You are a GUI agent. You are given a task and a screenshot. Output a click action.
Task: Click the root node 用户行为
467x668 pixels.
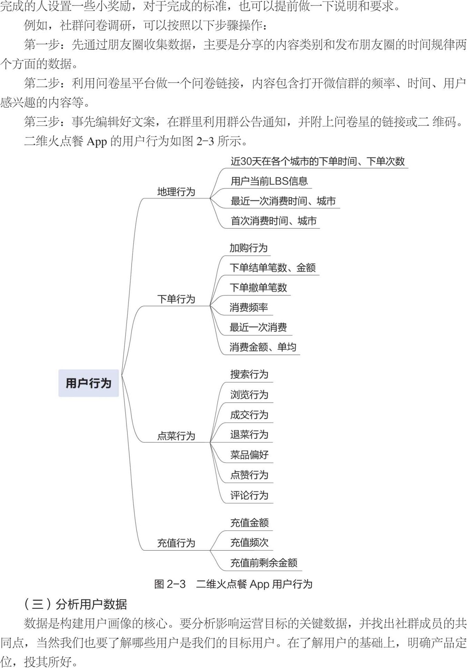[89, 383]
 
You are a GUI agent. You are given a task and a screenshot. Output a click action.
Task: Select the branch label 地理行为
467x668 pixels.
[176, 192]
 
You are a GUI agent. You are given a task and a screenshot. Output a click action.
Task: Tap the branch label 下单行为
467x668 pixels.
[176, 299]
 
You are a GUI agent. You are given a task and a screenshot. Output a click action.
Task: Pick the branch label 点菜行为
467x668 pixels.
[176, 436]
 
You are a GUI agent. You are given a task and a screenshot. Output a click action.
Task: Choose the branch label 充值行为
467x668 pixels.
[176, 543]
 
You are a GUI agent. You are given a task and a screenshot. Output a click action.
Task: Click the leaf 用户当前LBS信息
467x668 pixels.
[269, 181]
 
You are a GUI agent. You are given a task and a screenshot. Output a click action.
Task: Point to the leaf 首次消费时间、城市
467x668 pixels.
[273, 221]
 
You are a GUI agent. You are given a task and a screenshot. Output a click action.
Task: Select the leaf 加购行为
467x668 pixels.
[248, 248]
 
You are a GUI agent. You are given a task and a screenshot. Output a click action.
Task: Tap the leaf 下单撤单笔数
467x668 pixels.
[258, 287]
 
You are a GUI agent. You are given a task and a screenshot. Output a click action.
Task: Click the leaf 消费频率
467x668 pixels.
[249, 307]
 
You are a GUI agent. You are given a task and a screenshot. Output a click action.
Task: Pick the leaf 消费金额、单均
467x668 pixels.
[263, 347]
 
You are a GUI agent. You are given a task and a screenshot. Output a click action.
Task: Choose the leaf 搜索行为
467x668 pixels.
[249, 374]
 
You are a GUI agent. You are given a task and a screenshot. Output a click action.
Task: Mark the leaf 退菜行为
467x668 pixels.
[249, 435]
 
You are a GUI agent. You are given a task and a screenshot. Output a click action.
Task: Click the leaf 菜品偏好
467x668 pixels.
[249, 455]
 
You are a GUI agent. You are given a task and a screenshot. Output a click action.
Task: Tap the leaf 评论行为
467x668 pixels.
[249, 495]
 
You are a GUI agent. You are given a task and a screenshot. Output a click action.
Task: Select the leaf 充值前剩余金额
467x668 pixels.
[264, 563]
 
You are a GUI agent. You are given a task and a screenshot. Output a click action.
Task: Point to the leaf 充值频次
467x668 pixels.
[249, 542]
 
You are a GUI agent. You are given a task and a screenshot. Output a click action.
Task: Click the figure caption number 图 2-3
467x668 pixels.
[170, 584]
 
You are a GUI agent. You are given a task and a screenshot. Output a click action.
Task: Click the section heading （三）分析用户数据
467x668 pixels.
[76, 604]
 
